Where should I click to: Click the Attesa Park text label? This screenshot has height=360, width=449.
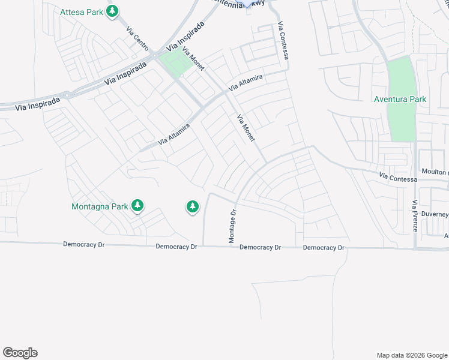(81, 11)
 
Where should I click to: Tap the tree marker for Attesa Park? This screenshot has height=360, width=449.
(112, 11)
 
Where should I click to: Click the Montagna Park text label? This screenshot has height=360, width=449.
(100, 206)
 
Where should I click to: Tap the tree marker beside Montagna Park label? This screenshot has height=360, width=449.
(137, 206)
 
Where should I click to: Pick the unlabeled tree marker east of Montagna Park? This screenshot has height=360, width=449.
(192, 207)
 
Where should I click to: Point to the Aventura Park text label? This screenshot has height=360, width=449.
(400, 99)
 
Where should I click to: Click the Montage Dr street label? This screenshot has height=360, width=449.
(232, 226)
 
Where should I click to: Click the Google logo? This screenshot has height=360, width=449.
(20, 353)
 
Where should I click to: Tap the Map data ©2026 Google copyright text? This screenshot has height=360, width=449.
(412, 355)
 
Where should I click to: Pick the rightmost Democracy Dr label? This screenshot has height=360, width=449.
(324, 247)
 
